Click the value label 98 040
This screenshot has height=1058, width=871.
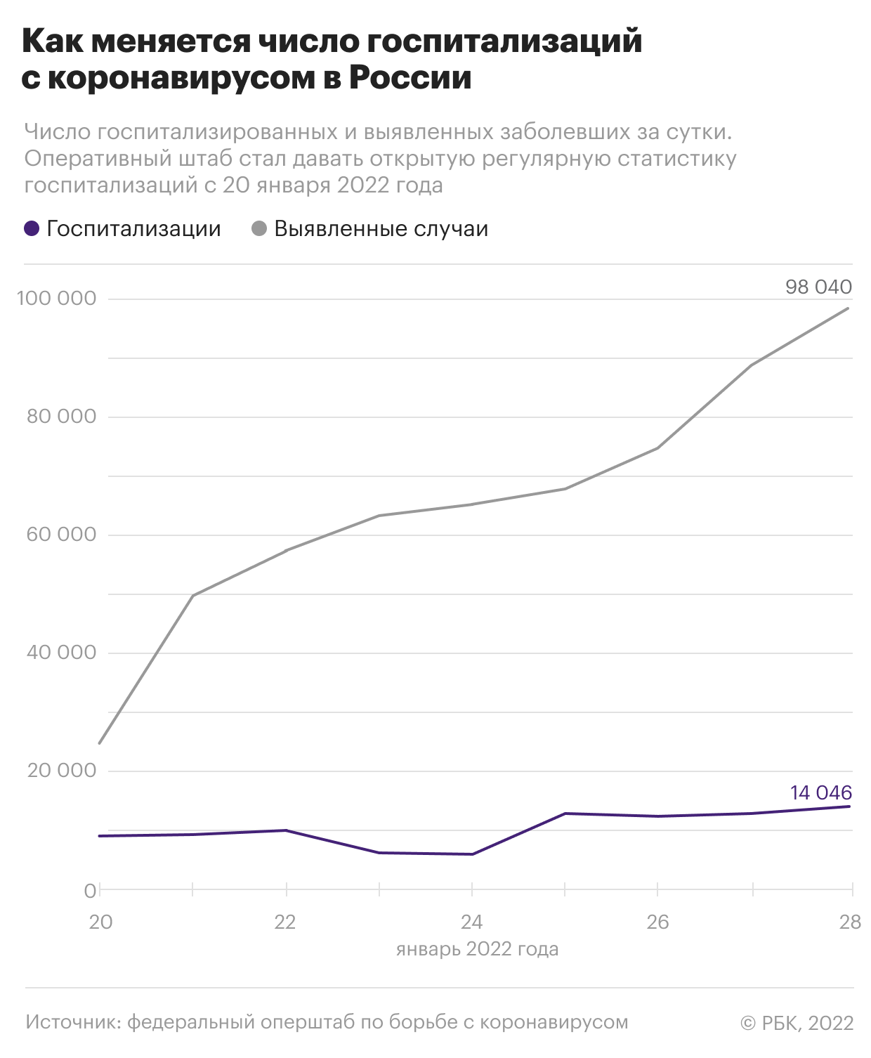coord(818,287)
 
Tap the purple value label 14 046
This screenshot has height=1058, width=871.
coord(821,792)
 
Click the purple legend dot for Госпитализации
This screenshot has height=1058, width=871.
coord(32,229)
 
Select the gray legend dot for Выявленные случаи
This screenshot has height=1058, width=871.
coord(259,229)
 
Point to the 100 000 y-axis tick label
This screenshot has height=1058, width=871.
coord(56,299)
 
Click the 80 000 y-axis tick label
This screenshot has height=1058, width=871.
coord(61,417)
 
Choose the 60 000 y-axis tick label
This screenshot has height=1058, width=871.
coord(61,535)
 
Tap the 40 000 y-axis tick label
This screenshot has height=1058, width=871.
coord(61,653)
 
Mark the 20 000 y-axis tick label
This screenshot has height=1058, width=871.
coord(61,771)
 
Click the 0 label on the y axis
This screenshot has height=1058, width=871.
coord(91,891)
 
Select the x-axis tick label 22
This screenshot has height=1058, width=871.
coord(285,922)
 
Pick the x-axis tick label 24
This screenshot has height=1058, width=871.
coord(471,922)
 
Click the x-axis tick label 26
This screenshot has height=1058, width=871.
coord(657,922)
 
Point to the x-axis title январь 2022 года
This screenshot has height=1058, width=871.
coord(477,950)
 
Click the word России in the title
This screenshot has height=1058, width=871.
coord(410,78)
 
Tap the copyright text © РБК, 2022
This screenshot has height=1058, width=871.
coord(797,1023)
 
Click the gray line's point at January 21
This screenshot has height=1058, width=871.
coord(193,596)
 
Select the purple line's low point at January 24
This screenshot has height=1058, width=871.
coord(472,854)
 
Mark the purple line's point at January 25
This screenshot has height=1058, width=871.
coord(565,814)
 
